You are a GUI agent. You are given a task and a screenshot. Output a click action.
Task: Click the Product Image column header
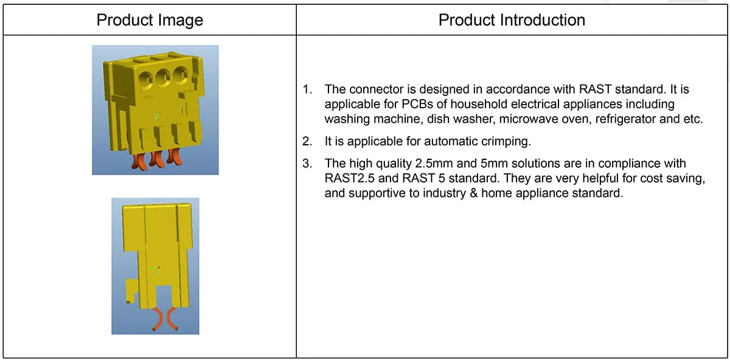150,20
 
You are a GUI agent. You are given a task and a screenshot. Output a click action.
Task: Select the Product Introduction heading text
512,20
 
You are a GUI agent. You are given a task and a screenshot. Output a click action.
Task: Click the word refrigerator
625,119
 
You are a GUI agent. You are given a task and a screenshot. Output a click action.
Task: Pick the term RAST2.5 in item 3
349,178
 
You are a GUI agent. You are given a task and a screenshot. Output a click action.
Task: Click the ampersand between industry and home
473,193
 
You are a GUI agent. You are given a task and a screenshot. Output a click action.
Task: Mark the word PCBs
417,104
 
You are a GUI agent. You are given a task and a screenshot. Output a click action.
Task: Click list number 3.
307,163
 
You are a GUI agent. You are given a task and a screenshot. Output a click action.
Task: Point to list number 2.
307,142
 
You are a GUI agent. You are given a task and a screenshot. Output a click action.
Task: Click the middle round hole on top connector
163,78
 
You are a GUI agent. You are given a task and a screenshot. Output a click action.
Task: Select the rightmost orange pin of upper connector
174,157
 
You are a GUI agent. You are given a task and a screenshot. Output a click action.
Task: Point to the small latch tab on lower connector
131,291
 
